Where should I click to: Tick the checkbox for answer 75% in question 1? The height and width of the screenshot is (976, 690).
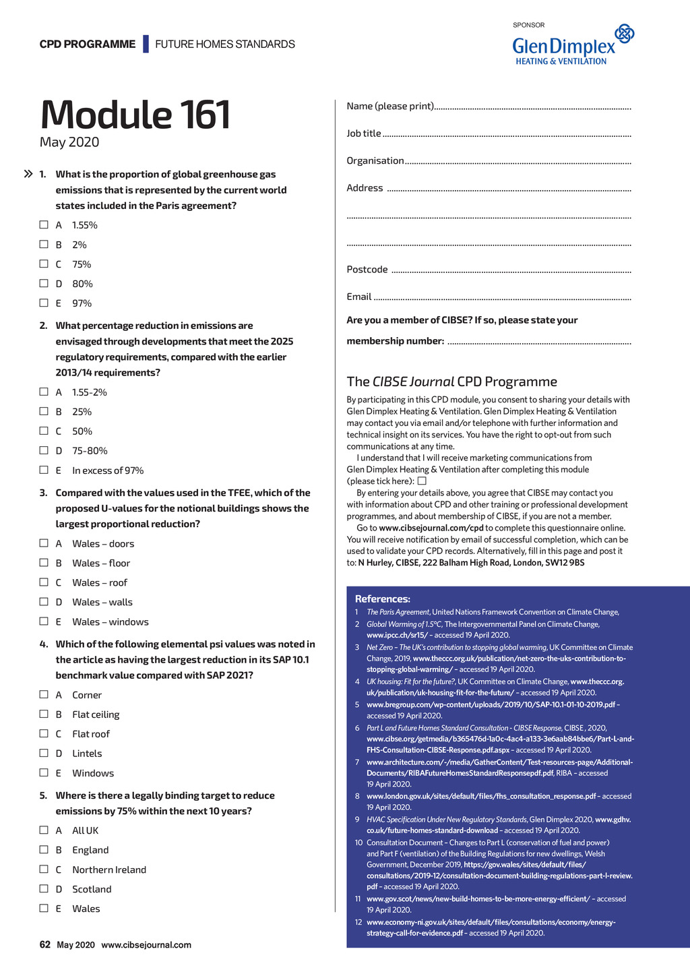44,264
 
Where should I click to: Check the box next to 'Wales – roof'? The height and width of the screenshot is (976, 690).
44,582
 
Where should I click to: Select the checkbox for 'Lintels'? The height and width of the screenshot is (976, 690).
44,754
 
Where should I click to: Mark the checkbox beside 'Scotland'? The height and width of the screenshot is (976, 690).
44,889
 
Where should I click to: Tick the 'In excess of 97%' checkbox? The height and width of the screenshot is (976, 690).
44,470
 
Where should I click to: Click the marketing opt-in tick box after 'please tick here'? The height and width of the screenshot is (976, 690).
422,481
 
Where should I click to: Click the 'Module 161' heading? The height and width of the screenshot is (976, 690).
135,115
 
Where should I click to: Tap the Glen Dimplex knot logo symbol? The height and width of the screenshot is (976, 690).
625,33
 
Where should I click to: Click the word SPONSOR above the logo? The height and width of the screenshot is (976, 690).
528,25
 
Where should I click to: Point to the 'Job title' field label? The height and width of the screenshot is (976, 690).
364,133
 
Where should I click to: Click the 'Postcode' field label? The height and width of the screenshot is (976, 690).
367,270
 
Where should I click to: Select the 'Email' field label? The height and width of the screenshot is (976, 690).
359,297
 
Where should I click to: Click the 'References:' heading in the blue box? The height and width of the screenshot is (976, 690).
382,599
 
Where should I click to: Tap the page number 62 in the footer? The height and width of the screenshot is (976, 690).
45,944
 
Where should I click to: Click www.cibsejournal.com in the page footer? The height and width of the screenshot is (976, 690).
146,945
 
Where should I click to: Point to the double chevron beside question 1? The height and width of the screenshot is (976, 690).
28,174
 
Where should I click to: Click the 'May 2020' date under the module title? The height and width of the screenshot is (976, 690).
69,142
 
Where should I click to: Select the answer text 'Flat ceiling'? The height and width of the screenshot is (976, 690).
96,714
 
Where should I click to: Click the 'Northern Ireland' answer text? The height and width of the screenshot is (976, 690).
109,870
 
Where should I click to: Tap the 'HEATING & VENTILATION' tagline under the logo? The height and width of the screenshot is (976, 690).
561,61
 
